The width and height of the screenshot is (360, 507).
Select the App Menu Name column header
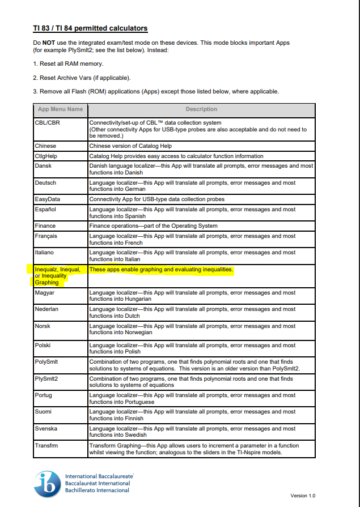tap(60, 109)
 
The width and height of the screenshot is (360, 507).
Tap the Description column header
tap(201, 109)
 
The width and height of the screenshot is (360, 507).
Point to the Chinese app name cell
tap(45, 146)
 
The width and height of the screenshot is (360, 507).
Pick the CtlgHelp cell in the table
tap(46, 156)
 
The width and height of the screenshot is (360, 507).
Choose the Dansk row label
tap(43, 166)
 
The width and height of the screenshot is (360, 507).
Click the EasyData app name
tap(47, 199)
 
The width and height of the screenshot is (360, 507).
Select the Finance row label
tap(45, 226)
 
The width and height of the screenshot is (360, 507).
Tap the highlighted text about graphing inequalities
tap(161, 270)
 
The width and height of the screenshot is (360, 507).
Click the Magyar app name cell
tap(45, 293)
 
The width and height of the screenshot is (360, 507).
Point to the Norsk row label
tap(43, 326)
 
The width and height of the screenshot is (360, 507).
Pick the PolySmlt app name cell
tap(46, 361)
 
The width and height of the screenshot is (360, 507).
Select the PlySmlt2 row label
tap(46, 378)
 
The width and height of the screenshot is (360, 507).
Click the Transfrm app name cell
tap(46, 445)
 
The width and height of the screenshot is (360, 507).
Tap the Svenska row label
tap(46, 429)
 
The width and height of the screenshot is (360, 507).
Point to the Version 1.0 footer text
tap(303, 496)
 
